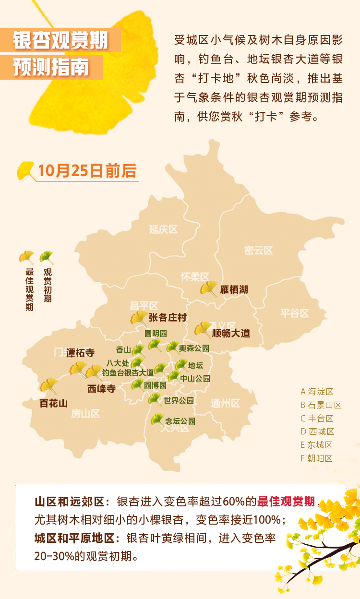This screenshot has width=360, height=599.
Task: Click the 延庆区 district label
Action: pyautogui.click(x=163, y=229)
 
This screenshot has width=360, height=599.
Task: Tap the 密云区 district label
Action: pyautogui.click(x=258, y=250)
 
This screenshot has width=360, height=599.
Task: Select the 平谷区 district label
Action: pyautogui.click(x=295, y=313)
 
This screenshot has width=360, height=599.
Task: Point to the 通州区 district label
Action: pyautogui.click(x=225, y=403)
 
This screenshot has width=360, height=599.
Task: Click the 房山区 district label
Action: pyautogui.click(x=85, y=413)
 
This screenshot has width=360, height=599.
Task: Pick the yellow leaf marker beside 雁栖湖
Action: pyautogui.click(x=209, y=289)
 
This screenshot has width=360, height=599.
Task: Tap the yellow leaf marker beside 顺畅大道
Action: pyautogui.click(x=203, y=330)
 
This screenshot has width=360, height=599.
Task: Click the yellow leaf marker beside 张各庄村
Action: pyautogui.click(x=139, y=318)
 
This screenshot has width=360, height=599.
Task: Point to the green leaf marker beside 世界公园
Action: pyautogui.click(x=155, y=399)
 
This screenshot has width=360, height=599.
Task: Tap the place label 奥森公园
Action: pyautogui.click(x=194, y=348)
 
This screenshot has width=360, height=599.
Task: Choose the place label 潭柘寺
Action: pyautogui.click(x=81, y=353)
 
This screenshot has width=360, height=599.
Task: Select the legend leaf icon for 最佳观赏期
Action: pyautogui.click(x=27, y=257)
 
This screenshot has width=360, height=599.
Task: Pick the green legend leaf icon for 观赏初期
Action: pyautogui.click(x=47, y=257)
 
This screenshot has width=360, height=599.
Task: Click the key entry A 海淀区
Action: pyautogui.click(x=317, y=392)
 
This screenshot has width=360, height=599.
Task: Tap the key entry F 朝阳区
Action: pyautogui.click(x=317, y=458)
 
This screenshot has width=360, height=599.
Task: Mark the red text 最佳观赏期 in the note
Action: pyautogui.click(x=287, y=502)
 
